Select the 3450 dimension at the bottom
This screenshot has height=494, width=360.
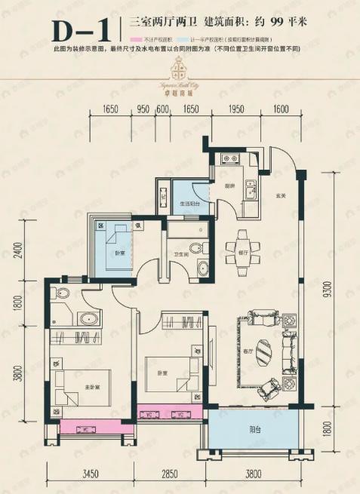click(x=91, y=474)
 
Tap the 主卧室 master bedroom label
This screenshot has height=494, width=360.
click(x=92, y=388)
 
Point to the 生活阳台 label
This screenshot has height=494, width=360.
click(x=189, y=203)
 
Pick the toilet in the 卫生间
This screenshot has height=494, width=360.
click(x=195, y=247)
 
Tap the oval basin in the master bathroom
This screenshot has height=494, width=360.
click(x=85, y=317)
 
